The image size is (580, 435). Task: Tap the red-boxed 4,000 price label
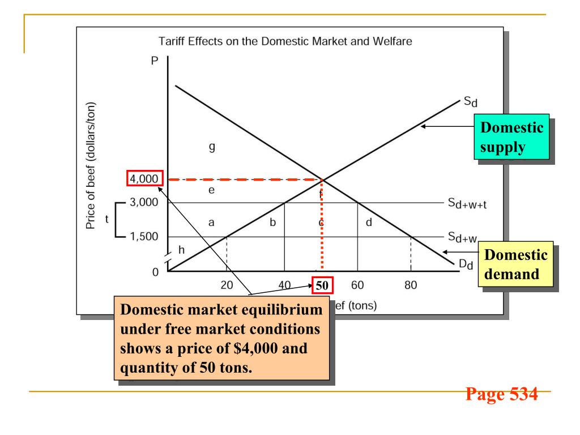tap(142, 180)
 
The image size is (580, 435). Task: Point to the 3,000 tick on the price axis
tap(143, 202)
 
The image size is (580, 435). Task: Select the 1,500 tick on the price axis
tap(143, 237)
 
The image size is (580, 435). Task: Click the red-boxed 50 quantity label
tap(321, 285)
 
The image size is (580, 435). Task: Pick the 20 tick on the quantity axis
tap(227, 285)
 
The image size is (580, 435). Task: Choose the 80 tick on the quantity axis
tap(411, 285)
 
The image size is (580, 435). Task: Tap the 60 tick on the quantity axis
tap(357, 285)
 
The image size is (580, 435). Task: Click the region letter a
tap(211, 223)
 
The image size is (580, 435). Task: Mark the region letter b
tap(272, 223)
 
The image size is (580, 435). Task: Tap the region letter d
tap(369, 223)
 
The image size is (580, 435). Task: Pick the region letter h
tap(181, 250)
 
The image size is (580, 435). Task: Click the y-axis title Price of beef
tap(91, 166)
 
